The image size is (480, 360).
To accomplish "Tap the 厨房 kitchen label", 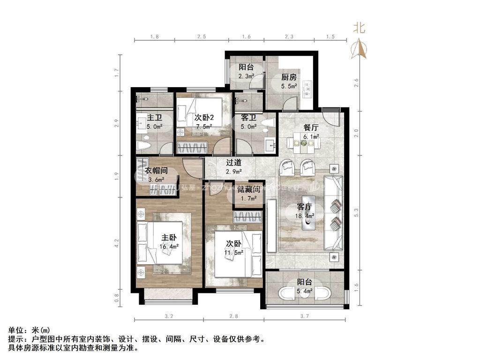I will pyautogui.click(x=288, y=78).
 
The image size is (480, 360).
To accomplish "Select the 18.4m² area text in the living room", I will pyautogui.click(x=305, y=216).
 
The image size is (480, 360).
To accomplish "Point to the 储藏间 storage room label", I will pyautogui.click(x=248, y=189).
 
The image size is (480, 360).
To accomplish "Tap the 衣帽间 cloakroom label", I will pyautogui.click(x=156, y=171).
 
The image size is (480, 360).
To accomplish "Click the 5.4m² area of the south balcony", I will pyautogui.click(x=304, y=291).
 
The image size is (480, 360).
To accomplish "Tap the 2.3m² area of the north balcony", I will pyautogui.click(x=246, y=76).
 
